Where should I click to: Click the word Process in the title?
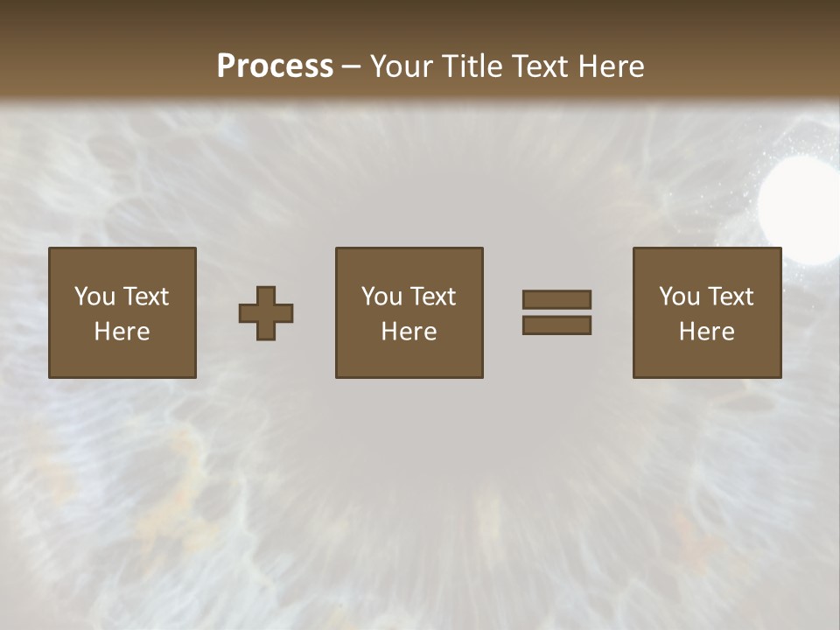[275, 66]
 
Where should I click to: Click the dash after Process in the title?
[352, 68]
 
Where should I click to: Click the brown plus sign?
[266, 313]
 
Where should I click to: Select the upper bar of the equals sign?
[556, 299]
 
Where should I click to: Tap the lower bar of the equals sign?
[556, 325]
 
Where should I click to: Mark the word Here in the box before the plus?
[122, 332]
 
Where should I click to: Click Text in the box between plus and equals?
[435, 297]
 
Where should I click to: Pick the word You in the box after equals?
[679, 297]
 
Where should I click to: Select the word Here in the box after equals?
[707, 332]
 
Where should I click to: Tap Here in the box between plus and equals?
[409, 332]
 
